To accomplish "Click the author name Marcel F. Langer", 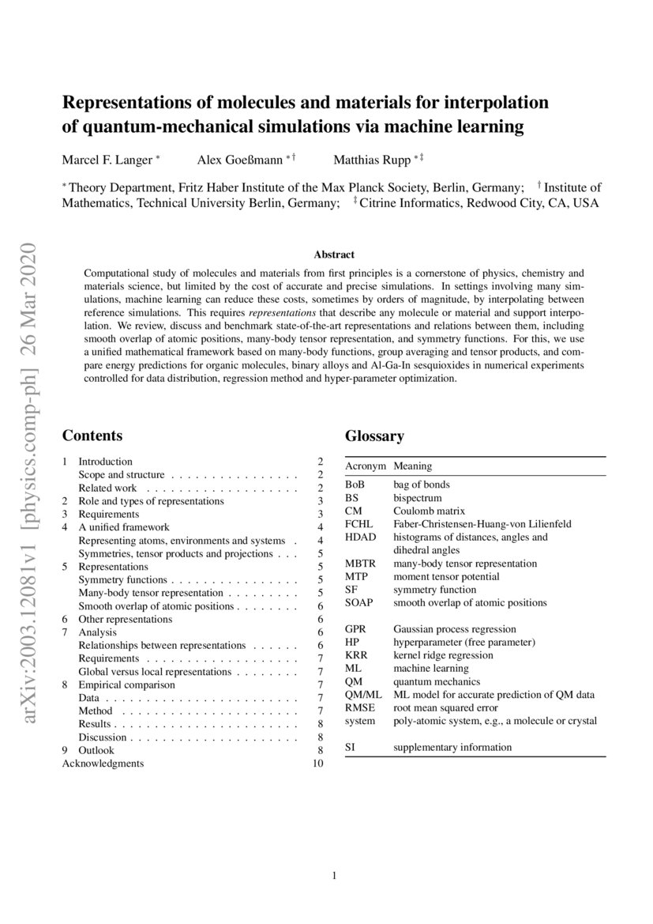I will coord(107,160).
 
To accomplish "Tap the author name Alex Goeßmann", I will coord(240,160).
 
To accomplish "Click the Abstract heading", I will coord(334,255).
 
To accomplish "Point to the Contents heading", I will coord(92,436).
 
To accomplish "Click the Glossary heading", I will coord(374,436).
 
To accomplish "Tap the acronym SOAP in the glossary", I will coord(359,602).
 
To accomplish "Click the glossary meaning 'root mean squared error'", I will coord(445,707).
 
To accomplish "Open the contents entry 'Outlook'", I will coord(96,750).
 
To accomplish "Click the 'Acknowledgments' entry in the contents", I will coord(103,763).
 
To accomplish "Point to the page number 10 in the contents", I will coord(318,763).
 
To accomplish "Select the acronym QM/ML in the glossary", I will coord(363,695).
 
